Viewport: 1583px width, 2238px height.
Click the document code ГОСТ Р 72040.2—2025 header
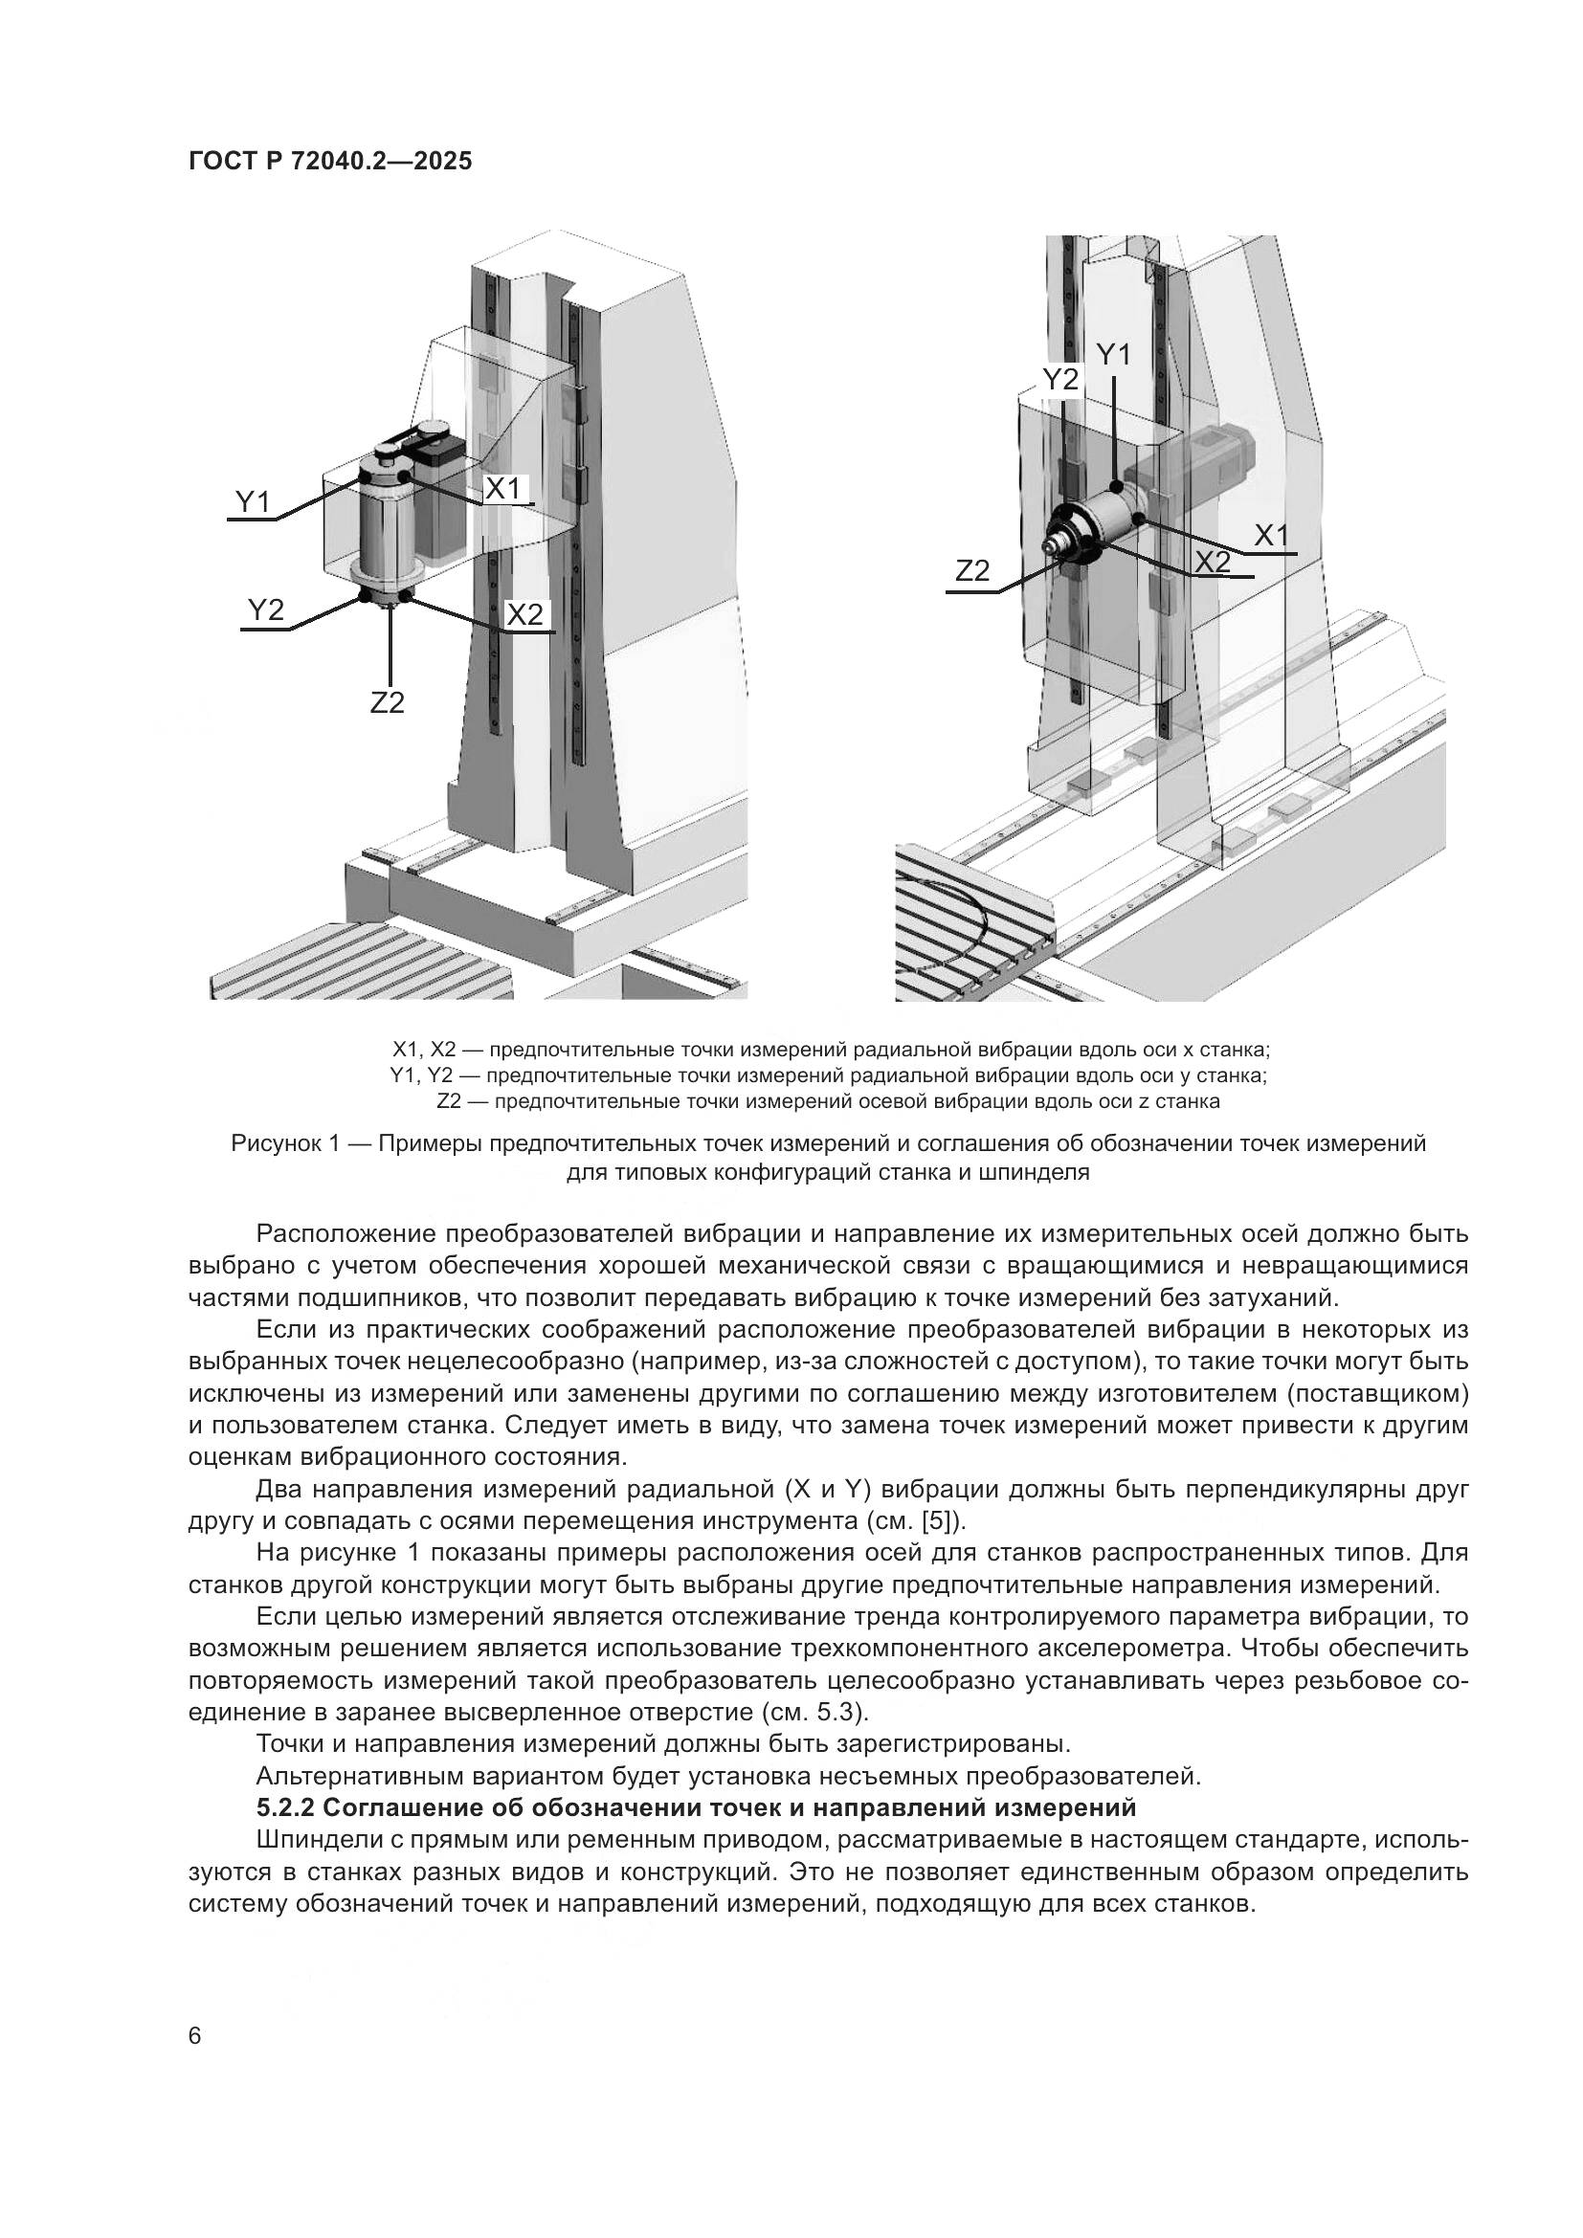(x=329, y=162)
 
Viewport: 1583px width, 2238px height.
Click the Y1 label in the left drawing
(x=253, y=502)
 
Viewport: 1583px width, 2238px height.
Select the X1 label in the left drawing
(x=504, y=488)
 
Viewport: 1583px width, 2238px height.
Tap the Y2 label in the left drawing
(x=265, y=611)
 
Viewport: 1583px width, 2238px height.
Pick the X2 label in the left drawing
(x=524, y=615)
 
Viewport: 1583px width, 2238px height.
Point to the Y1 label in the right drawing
(x=1113, y=356)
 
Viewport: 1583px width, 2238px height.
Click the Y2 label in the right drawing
(x=1060, y=380)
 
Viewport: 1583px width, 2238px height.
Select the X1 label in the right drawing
(x=1271, y=535)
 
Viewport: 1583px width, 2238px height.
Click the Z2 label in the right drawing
(x=971, y=572)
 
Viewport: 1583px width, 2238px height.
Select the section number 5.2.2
(x=284, y=1808)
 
